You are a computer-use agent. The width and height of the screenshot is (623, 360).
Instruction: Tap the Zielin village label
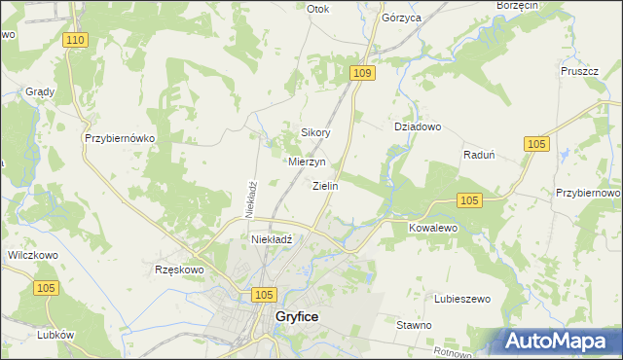tap(325, 186)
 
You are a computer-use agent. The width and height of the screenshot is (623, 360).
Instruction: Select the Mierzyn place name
tap(307, 162)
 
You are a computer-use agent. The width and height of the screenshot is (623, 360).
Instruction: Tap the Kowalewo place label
tap(433, 227)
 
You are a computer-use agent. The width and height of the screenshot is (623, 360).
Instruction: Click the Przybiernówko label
tap(121, 138)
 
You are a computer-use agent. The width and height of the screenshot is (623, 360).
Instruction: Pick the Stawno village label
tap(415, 324)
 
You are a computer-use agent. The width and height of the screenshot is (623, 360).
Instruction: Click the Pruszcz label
tap(578, 71)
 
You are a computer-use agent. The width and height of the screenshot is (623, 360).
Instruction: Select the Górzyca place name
tap(401, 18)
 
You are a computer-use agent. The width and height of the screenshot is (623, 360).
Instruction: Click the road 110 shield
tap(78, 39)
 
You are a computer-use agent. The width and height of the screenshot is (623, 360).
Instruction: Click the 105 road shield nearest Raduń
tap(535, 143)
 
